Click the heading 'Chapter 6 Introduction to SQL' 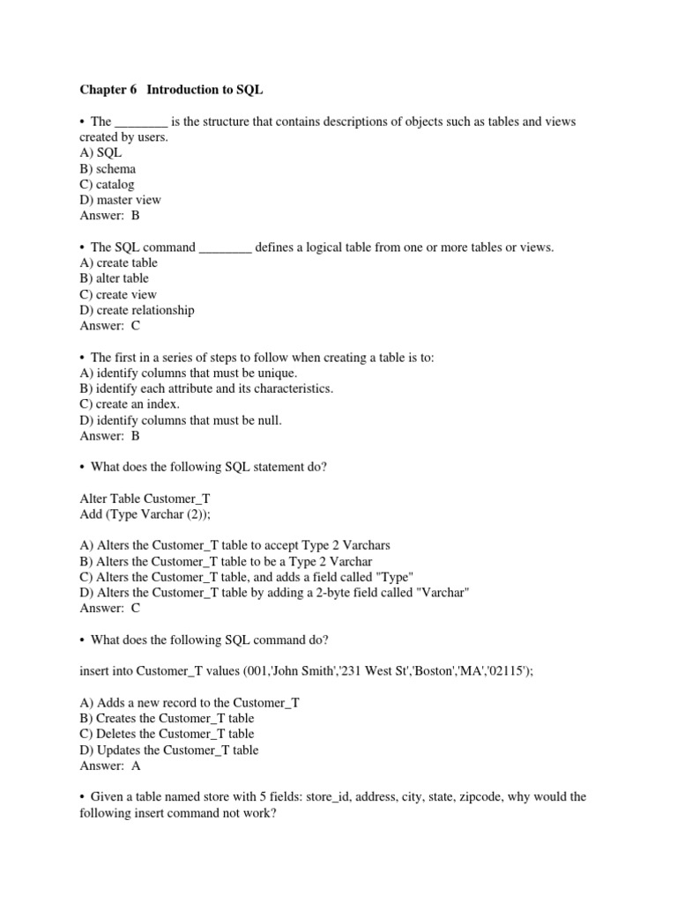click(x=171, y=90)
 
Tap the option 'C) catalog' click(x=107, y=184)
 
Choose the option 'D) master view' click(x=121, y=200)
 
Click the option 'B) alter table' click(x=114, y=278)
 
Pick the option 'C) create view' click(x=117, y=294)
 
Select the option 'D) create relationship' click(x=137, y=310)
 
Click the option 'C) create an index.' click(x=130, y=404)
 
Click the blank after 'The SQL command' click(x=226, y=248)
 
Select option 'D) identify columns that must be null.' click(x=181, y=420)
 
